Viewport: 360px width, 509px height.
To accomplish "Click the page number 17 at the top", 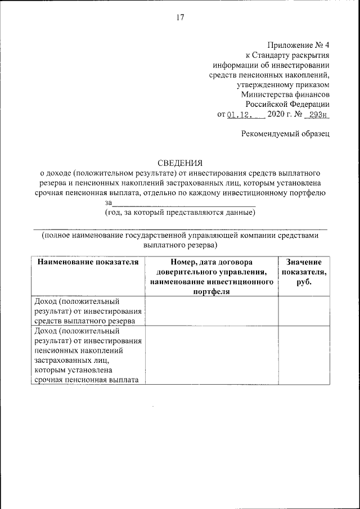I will pos(180,17).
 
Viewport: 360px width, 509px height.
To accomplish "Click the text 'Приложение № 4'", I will pos(299,44).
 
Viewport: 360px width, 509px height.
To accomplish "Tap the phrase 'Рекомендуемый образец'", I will pos(285,133).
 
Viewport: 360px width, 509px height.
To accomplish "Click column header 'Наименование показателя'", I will pos(87,262).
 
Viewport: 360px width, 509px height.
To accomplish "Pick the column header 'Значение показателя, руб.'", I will pos(304,272).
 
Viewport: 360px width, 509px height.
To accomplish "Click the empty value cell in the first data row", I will pos(304,311).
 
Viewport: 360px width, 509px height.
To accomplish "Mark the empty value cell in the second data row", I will pos(304,356).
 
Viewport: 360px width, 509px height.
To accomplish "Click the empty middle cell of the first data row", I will pos(211,311).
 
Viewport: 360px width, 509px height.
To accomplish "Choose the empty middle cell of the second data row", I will pos(211,356).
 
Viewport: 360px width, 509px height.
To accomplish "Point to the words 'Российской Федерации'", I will pos(287,105).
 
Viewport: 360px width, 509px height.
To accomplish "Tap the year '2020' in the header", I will pos(276,115).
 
